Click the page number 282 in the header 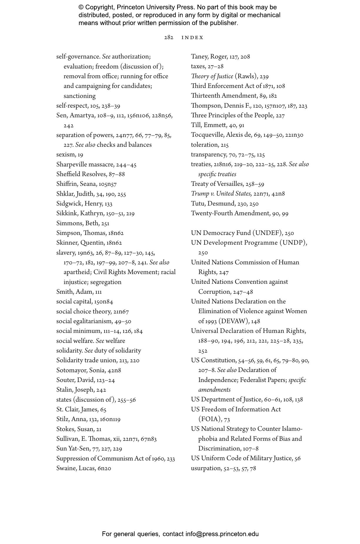tap(168, 37)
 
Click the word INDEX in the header tap(192, 38)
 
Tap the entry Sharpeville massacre tap(85, 164)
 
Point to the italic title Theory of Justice tap(212, 76)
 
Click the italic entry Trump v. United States tap(221, 193)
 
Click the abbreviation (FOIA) tap(210, 419)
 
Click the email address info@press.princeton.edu tap(222, 534)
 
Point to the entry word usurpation tap(206, 468)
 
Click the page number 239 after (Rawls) tap(264, 76)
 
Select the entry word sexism tap(66, 154)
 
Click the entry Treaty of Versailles tap(217, 184)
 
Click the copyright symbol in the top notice tap(81, 7)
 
